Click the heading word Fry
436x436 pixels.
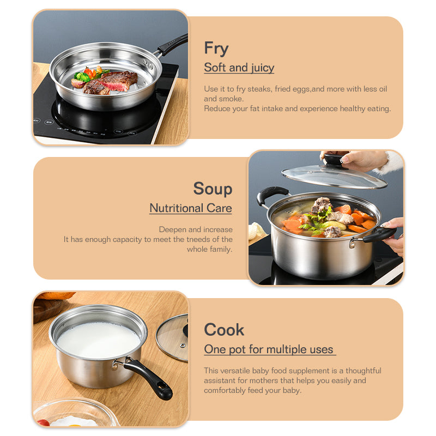point(216,49)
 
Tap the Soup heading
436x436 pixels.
point(213,189)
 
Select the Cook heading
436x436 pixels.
point(224,330)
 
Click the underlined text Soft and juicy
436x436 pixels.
point(239,68)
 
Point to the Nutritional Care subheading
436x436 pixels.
point(191,208)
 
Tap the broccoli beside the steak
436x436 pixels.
point(82,76)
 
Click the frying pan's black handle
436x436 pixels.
point(173,45)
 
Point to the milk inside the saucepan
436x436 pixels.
point(99,340)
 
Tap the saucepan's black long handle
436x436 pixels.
point(149,378)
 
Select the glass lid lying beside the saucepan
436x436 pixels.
point(173,337)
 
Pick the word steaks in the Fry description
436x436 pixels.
point(259,89)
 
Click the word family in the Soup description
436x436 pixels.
point(221,250)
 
